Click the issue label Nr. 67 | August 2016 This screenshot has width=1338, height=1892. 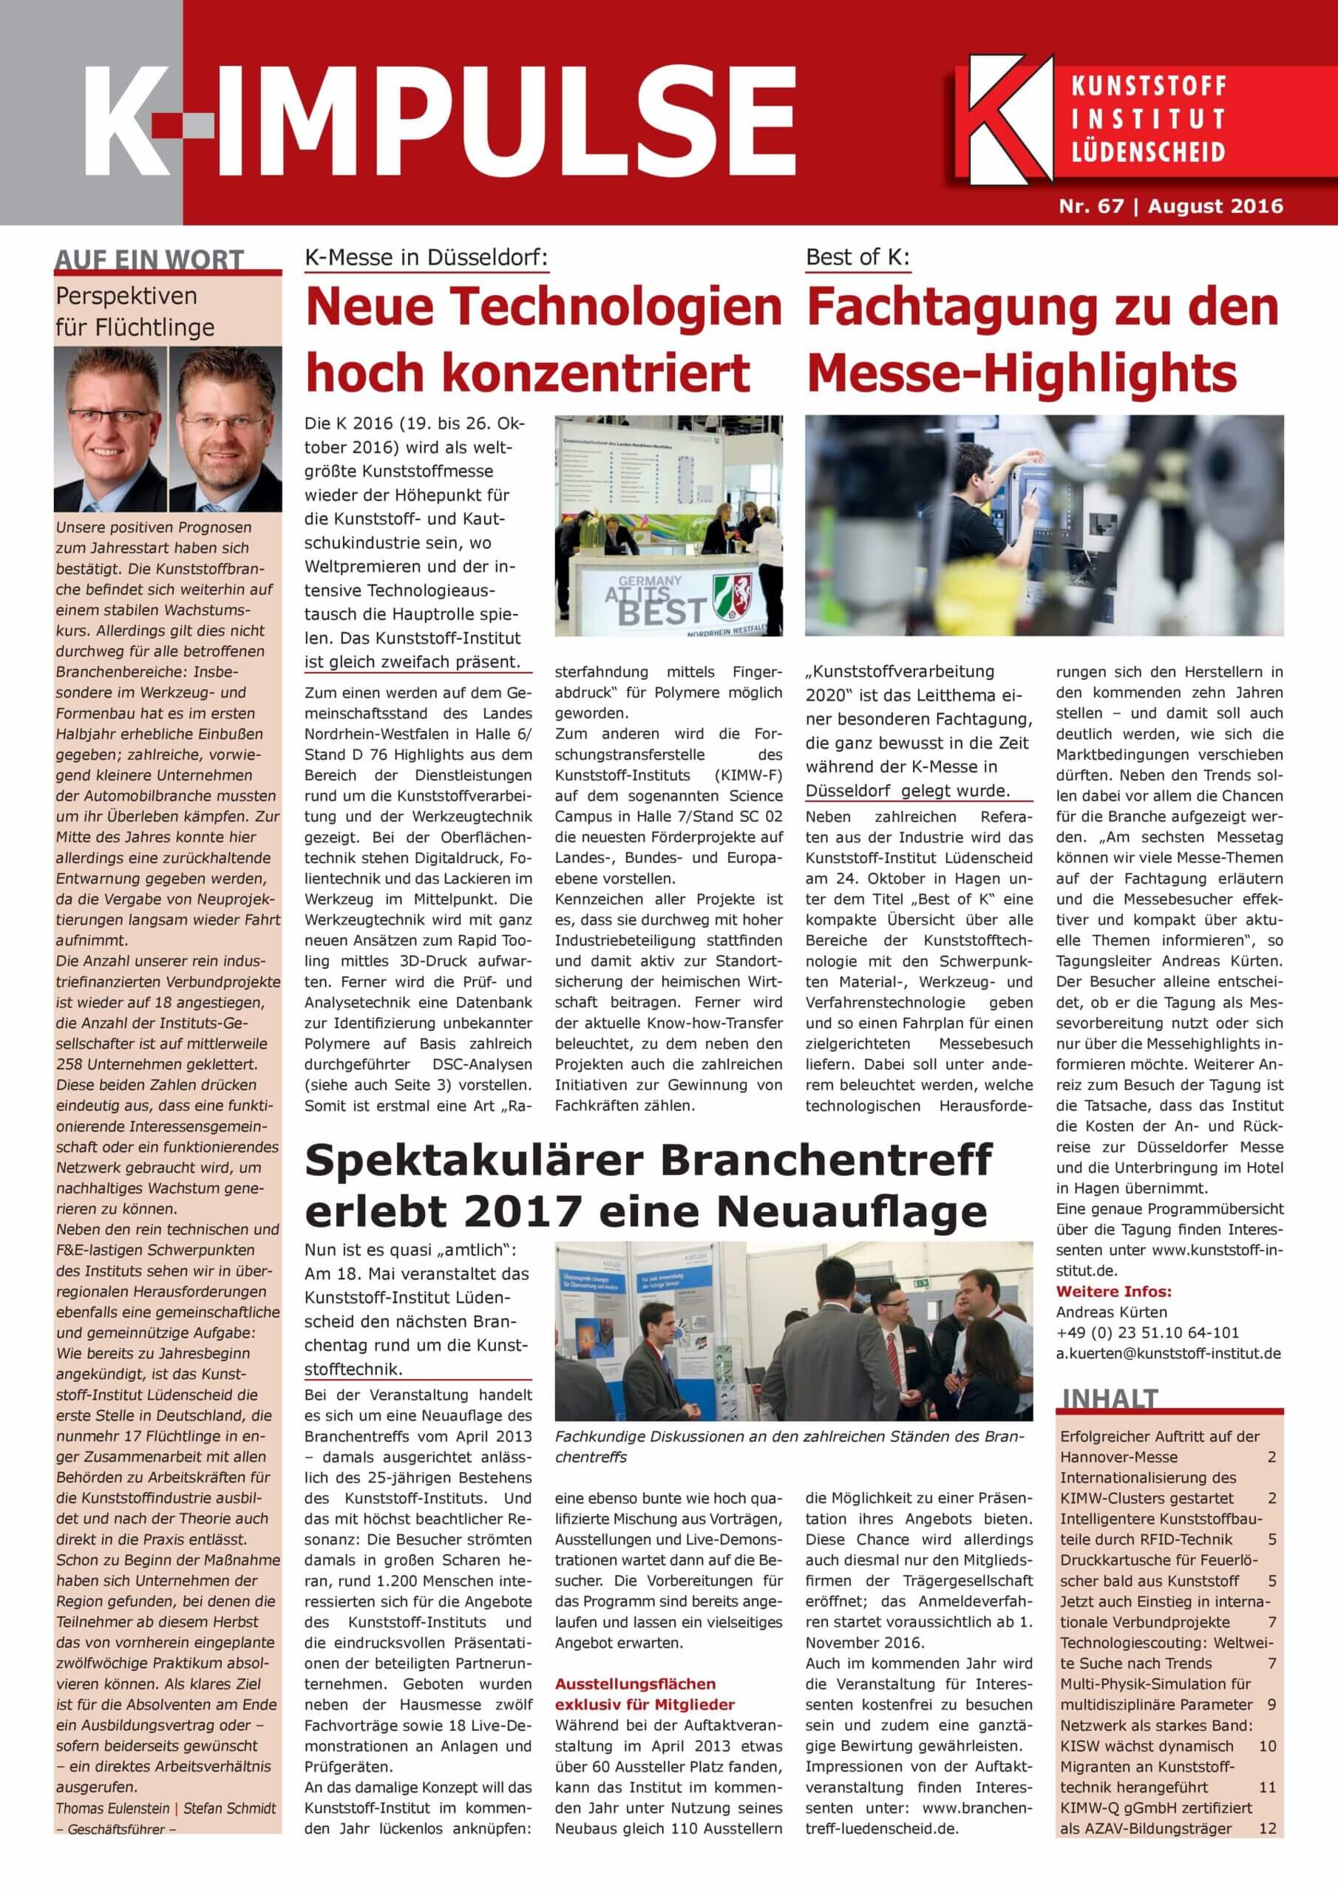click(1171, 206)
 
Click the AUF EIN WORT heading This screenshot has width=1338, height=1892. click(149, 259)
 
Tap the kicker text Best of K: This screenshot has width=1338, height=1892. click(858, 257)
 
